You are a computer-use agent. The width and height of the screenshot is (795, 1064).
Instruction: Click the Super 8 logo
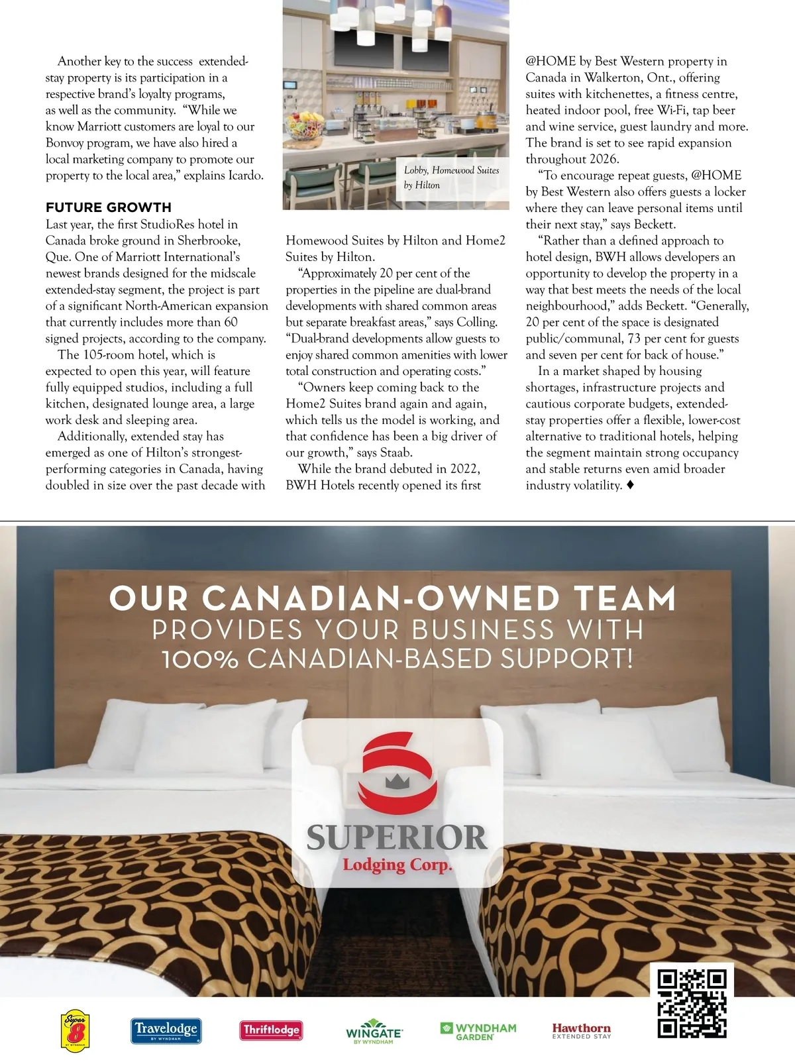click(x=75, y=1030)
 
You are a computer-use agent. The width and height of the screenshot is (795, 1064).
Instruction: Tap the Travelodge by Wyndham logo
click(x=166, y=1030)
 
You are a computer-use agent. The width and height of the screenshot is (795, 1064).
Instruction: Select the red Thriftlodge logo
click(x=271, y=1030)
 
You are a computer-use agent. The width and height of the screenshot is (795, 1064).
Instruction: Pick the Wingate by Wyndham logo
click(x=374, y=1032)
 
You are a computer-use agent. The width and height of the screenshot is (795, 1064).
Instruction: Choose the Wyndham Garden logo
click(x=478, y=1030)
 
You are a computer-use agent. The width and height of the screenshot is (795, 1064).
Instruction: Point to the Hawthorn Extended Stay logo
click(x=582, y=1030)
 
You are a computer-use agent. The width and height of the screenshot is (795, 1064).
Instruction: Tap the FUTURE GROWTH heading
click(x=109, y=207)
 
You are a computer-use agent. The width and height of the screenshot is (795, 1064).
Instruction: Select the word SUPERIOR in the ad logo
click(x=396, y=837)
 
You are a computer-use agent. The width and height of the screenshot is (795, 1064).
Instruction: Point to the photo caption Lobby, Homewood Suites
click(x=451, y=177)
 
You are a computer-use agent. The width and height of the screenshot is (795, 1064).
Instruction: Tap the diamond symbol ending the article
click(x=630, y=486)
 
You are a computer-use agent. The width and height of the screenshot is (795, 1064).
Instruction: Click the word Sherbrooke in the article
click(x=209, y=240)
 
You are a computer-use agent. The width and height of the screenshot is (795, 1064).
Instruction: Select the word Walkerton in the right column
click(x=612, y=78)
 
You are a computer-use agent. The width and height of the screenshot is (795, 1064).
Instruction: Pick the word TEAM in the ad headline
click(x=625, y=598)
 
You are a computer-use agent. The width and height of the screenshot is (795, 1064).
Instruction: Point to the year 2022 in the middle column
click(x=464, y=469)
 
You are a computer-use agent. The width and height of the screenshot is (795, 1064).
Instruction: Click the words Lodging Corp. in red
click(x=397, y=865)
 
